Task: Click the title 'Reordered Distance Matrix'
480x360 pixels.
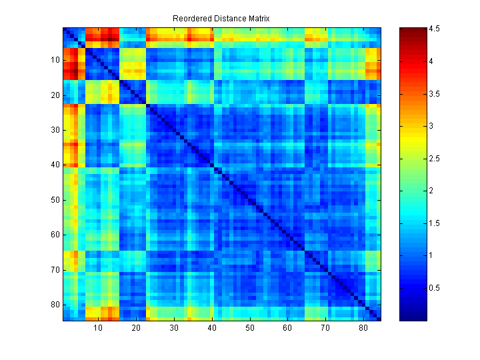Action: click(221, 18)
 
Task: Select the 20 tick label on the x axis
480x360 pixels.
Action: click(136, 329)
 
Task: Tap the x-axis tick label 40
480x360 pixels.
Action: click(212, 329)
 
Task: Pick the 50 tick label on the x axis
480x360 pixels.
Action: click(250, 329)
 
